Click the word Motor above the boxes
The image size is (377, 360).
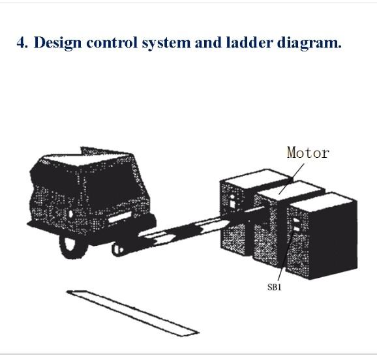coord(308,153)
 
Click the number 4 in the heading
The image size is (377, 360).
coord(22,43)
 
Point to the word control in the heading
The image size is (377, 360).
coord(112,43)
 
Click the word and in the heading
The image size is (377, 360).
coord(207,43)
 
